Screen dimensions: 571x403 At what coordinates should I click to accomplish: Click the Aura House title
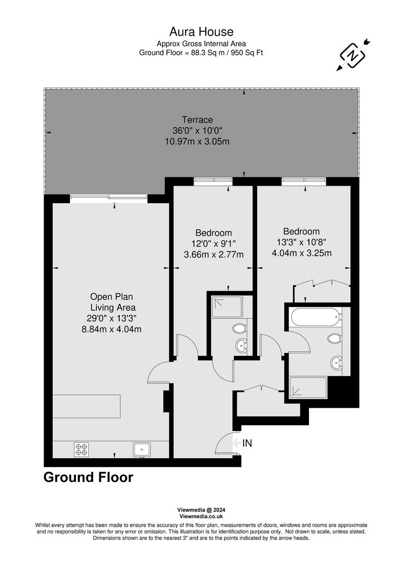point(201,32)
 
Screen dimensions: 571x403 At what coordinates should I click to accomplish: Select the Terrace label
point(197,120)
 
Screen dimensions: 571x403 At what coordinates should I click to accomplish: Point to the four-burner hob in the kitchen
point(81,449)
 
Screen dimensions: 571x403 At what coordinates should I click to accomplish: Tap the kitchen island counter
point(86,405)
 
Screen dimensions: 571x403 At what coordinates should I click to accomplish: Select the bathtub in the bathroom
point(315,316)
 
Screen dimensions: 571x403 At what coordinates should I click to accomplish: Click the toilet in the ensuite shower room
point(239,328)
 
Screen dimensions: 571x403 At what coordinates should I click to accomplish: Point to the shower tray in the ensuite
point(227,307)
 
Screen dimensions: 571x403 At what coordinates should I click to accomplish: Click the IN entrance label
point(247,443)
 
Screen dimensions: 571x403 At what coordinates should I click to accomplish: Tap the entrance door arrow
point(237,443)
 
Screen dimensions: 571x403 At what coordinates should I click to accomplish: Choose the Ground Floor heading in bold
point(88,477)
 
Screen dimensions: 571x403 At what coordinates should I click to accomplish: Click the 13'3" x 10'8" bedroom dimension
point(301,242)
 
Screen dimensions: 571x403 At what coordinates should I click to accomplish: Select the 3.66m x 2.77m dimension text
point(213,255)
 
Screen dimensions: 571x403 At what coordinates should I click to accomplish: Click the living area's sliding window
point(109,198)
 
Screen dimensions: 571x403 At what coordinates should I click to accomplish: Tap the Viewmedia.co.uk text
point(201,516)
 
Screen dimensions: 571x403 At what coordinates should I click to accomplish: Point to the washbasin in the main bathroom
point(337,363)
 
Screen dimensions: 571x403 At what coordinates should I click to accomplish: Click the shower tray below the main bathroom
point(308,387)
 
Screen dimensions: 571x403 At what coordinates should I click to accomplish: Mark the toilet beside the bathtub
point(334,338)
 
